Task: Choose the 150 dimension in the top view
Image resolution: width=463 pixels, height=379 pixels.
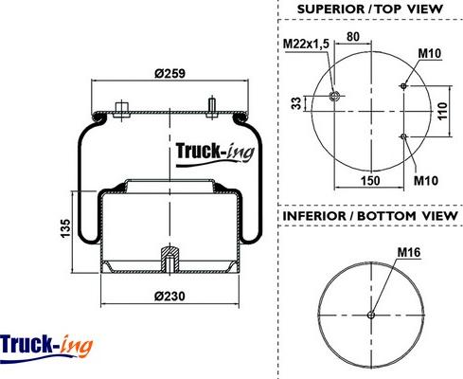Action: coord(370,178)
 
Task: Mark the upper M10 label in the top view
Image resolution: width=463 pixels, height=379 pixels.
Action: coord(427,56)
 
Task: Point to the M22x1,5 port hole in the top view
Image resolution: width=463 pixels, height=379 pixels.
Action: coord(335,95)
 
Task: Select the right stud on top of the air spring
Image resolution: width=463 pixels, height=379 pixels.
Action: coord(212,102)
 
